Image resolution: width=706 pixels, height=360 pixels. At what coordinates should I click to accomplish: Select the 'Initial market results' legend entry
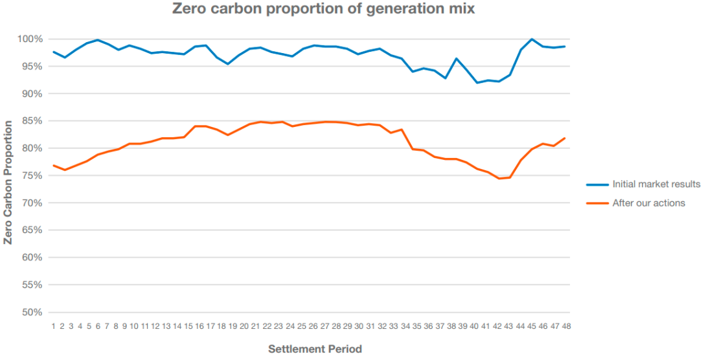[656, 185]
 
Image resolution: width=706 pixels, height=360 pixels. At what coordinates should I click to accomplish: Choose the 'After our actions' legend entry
[648, 203]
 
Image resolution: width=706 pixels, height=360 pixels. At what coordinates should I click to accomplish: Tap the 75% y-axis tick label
[31, 175]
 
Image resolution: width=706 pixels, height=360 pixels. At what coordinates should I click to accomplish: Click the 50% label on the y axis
[31, 312]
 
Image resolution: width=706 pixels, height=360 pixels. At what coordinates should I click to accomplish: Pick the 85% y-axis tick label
[31, 121]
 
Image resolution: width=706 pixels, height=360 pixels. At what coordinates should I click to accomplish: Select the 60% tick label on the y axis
[31, 258]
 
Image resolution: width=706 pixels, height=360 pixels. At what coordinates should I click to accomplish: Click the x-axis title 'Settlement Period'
[315, 349]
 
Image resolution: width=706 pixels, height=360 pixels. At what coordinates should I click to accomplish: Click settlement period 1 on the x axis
[54, 326]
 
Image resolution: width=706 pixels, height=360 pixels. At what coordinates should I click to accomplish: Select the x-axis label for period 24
[290, 326]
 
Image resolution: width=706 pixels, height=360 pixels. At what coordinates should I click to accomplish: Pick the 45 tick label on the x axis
[532, 326]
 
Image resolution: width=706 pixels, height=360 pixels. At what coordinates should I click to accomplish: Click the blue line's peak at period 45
[532, 39]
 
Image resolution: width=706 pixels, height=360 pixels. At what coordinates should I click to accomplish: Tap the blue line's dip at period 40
[477, 83]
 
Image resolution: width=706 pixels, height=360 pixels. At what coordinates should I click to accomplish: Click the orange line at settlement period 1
[54, 165]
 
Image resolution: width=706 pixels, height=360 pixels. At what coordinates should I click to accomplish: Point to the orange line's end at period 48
[565, 138]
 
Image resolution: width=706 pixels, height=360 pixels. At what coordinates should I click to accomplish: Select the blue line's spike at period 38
[456, 59]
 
